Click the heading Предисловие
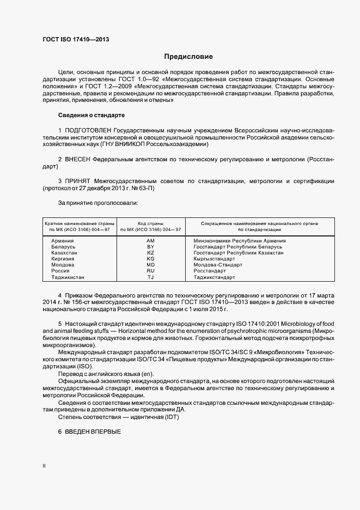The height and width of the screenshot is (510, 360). [188, 57]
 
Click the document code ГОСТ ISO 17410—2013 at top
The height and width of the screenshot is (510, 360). [75, 40]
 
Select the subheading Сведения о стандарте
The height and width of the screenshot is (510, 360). [91, 116]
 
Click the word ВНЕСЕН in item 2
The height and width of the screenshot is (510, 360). [77, 160]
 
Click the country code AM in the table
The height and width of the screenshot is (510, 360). [151, 241]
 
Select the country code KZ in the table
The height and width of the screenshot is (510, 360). [151, 253]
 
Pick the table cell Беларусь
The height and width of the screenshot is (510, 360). [63, 247]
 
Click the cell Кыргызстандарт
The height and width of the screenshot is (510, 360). [214, 259]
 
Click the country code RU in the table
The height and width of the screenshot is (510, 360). [151, 271]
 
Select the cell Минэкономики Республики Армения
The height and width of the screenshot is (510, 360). [240, 241]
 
